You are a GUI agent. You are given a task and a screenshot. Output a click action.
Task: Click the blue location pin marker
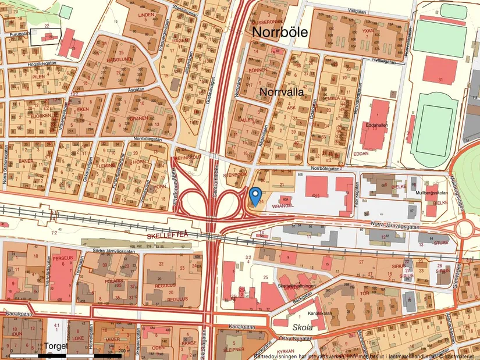tap(255, 196)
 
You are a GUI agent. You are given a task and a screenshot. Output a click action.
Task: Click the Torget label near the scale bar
tap(56, 346)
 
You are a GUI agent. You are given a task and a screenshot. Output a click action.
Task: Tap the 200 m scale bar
tap(70, 354)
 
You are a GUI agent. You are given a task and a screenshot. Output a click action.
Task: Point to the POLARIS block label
tap(113, 280)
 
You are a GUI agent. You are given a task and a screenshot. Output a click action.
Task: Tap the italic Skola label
tap(302, 327)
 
